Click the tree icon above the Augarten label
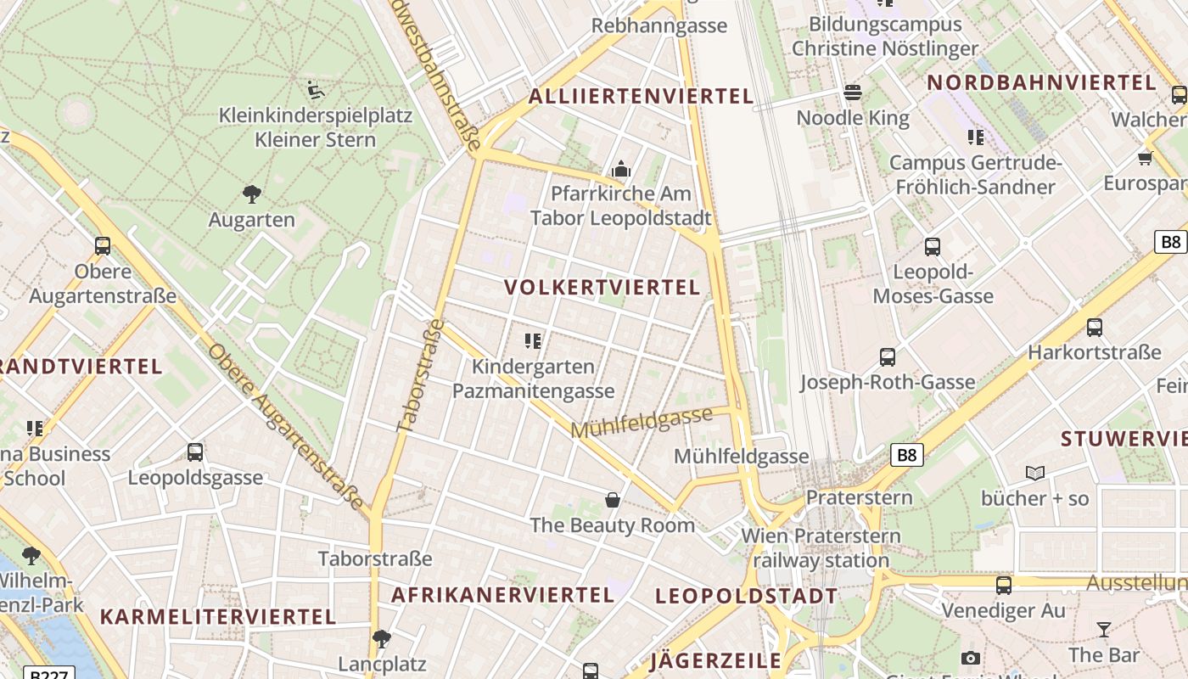pos(251,194)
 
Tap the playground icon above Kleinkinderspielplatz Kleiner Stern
pos(316,88)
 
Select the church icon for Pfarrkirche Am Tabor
pos(621,169)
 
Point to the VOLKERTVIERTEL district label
pos(602,287)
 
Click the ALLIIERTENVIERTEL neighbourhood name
pos(641,96)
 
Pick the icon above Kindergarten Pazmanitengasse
pos(533,341)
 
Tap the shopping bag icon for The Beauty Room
pos(613,499)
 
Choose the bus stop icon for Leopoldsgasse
pos(195,452)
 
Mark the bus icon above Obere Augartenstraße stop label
pos(103,246)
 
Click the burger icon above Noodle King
pos(853,92)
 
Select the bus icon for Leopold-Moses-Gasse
pos(933,247)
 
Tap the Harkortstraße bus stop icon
pos(1095,327)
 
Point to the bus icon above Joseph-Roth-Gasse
pos(888,357)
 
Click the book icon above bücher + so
pos(1035,473)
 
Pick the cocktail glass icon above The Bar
pos(1103,629)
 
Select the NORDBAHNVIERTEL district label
pos(1041,82)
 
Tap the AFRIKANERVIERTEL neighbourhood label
pos(502,595)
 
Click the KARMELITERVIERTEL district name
pos(218,616)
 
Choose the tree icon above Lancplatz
pos(382,637)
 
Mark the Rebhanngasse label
pos(659,25)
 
